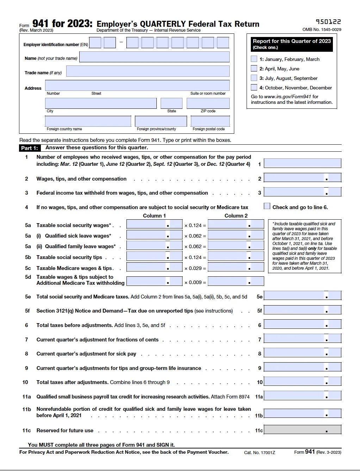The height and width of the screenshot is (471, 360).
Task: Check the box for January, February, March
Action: click(x=254, y=59)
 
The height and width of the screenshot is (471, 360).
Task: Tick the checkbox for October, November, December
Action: click(x=254, y=87)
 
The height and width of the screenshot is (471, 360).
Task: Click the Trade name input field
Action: click(x=148, y=71)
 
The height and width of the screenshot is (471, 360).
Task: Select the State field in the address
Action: click(x=171, y=103)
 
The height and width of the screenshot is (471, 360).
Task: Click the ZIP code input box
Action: click(x=208, y=103)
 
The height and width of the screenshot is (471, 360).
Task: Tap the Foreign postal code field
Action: click(x=210, y=121)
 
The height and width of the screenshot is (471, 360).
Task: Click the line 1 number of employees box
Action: click(x=302, y=163)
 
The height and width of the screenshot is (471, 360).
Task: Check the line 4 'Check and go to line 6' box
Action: click(x=267, y=206)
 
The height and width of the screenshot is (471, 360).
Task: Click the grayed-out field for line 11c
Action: click(x=302, y=429)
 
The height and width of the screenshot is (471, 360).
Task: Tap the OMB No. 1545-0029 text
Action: click(x=322, y=30)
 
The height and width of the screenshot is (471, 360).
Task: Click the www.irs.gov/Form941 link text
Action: click(x=287, y=96)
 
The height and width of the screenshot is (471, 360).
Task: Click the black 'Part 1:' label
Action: click(x=30, y=148)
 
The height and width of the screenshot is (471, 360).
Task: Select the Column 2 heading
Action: click(x=236, y=216)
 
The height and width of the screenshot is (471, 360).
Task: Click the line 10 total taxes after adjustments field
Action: click(x=302, y=381)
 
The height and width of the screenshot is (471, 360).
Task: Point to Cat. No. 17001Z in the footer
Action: click(x=260, y=452)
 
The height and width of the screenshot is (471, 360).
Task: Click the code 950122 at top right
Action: click(x=328, y=22)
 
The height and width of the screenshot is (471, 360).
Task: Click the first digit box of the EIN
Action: click(x=95, y=43)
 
